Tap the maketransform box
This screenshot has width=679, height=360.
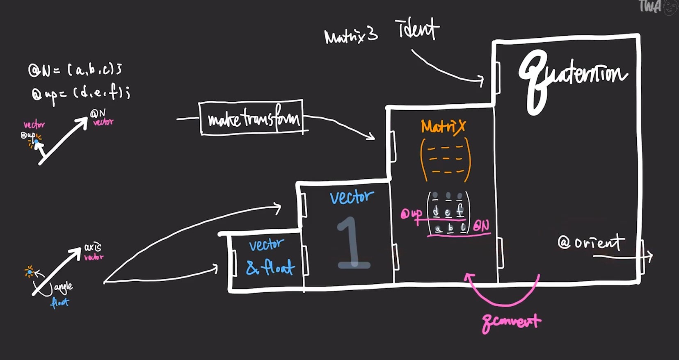pos(251,118)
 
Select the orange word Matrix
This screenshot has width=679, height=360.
pos(443,126)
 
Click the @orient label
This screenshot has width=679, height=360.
pos(591,243)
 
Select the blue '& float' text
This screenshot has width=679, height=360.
pos(270,267)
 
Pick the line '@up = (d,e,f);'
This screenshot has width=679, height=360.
pos(80,93)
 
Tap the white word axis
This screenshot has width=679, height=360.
pos(92,247)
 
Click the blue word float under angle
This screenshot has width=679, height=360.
pos(59,303)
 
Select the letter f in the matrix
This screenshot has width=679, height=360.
pos(460,211)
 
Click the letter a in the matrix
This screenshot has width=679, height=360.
pos(439,229)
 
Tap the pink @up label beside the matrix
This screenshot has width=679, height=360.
pos(411,214)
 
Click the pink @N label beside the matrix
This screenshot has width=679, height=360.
pos(481,226)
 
